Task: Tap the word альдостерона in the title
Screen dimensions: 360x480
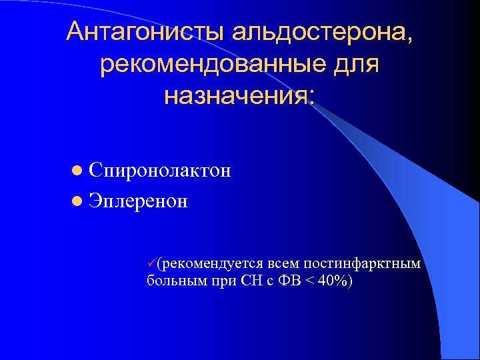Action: tap(320, 32)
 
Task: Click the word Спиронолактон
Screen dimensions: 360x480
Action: tap(159, 171)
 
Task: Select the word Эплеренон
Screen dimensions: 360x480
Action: tap(138, 200)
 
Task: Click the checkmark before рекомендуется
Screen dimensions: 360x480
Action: tap(152, 263)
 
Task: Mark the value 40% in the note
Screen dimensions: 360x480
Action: tap(329, 281)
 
